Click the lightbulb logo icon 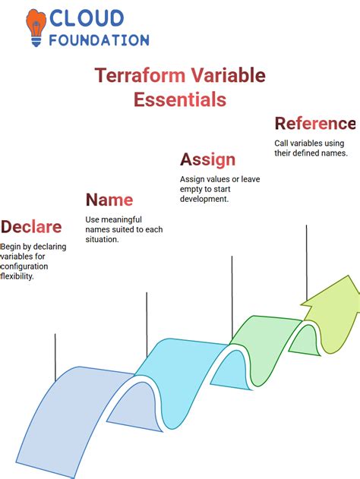pyautogui.click(x=35, y=28)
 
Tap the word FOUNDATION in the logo pyautogui.click(x=99, y=39)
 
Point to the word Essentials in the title pyautogui.click(x=180, y=99)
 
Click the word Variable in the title pyautogui.click(x=228, y=75)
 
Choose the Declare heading pyautogui.click(x=32, y=227)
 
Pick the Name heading pyautogui.click(x=109, y=200)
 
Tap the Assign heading pyautogui.click(x=207, y=159)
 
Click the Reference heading pyautogui.click(x=314, y=123)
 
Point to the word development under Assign pyautogui.click(x=204, y=199)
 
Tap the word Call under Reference pyautogui.click(x=283, y=143)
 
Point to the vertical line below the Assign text pyautogui.click(x=232, y=296)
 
